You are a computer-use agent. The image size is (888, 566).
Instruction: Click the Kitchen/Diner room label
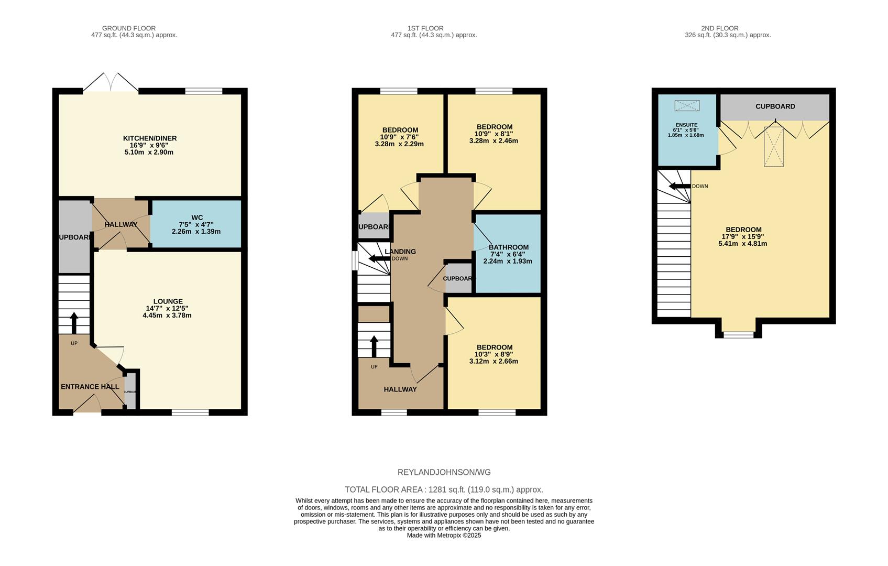(x=149, y=138)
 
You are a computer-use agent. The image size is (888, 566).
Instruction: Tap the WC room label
(x=197, y=217)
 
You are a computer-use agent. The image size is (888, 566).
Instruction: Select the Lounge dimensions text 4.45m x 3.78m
(x=167, y=315)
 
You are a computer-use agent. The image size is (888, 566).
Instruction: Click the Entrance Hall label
(x=90, y=387)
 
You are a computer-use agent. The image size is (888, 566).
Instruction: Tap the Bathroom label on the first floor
(x=508, y=247)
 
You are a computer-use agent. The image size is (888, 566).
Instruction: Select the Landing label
(x=400, y=252)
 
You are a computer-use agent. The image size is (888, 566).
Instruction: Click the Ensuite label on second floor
(x=686, y=125)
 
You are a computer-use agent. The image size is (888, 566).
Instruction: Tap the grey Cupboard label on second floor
(x=775, y=106)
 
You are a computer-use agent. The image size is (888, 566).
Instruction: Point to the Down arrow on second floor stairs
(x=679, y=186)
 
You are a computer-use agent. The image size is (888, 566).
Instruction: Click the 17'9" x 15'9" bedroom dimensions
(x=743, y=236)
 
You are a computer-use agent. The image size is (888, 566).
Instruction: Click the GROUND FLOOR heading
(x=128, y=28)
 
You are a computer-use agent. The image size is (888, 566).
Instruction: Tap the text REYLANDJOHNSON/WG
(x=444, y=472)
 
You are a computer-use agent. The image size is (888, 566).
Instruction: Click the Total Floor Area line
(x=444, y=489)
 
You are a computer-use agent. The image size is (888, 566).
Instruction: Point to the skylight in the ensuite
(x=687, y=106)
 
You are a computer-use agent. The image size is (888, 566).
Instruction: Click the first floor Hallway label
(x=400, y=389)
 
